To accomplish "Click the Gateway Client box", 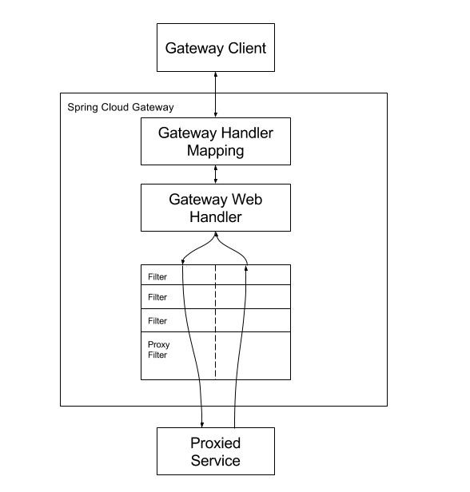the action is (x=216, y=47).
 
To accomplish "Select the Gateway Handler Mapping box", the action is (x=216, y=141).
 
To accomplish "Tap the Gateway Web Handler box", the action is (x=216, y=208).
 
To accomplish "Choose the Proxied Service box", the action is (x=216, y=451).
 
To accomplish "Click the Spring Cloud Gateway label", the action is (x=121, y=107).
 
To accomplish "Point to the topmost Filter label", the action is (x=157, y=276).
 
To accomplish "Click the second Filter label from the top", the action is (x=157, y=297).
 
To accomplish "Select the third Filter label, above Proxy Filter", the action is (x=157, y=321).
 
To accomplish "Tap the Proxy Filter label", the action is (x=158, y=350).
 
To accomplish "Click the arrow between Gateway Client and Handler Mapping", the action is (x=216, y=95).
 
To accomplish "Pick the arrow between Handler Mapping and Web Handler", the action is (x=216, y=174).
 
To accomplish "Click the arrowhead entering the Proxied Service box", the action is (x=202, y=425).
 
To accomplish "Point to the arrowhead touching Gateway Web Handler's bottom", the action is (x=216, y=234).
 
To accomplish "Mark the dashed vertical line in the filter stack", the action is (x=215, y=322).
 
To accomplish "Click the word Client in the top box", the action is (x=247, y=48).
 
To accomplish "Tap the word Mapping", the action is (x=215, y=151).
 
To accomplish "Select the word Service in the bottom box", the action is (x=215, y=461).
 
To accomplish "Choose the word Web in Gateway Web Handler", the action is (x=247, y=200).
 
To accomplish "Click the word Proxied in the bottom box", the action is (x=215, y=443).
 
